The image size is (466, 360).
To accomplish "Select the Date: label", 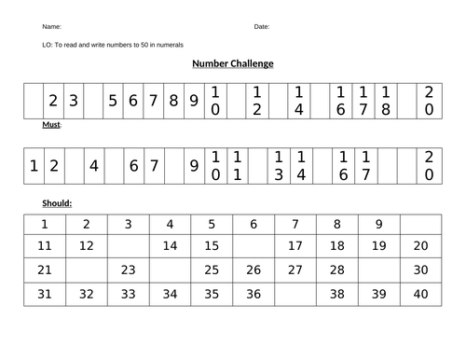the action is [x=261, y=27].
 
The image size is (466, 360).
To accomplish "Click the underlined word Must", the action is [x=51, y=124].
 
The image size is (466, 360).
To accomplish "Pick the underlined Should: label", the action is [x=57, y=202].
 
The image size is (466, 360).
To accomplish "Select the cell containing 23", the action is [x=128, y=270].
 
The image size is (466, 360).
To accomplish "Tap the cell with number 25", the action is [x=212, y=270].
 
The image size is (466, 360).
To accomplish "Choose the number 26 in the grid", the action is [x=254, y=270].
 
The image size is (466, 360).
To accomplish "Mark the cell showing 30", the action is [x=420, y=270].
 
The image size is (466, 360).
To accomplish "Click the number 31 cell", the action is [x=44, y=294].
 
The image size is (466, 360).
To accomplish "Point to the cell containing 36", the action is [x=254, y=294].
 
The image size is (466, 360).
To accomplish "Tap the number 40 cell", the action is [x=420, y=294].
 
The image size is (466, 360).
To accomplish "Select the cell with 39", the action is [x=378, y=294].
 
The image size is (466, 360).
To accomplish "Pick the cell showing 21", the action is [x=44, y=270].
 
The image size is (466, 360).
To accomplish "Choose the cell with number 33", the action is [x=128, y=294].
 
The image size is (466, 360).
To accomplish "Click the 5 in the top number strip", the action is [x=113, y=101].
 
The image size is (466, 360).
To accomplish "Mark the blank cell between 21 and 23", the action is [x=86, y=270].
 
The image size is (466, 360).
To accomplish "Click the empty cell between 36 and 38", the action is [x=295, y=294].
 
